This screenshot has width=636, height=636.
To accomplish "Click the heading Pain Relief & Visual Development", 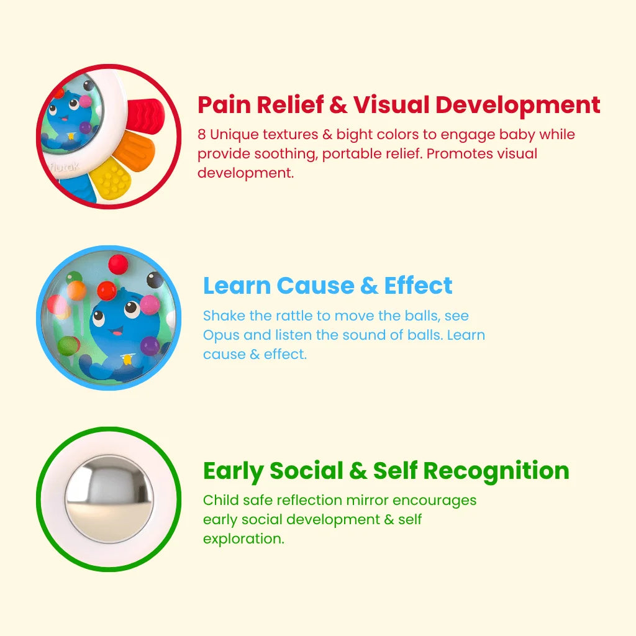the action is [399, 104].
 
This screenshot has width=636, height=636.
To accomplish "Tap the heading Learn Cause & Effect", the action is [328, 286].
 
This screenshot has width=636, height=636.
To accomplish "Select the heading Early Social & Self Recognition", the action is [386, 471].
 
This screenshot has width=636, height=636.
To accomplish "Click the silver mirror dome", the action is [109, 499].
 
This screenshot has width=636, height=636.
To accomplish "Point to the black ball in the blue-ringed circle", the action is [155, 280].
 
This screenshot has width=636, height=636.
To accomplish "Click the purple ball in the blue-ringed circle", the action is [150, 345].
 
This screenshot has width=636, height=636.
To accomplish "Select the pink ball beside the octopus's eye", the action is [150, 304].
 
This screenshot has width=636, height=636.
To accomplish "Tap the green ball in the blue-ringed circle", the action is [69, 345].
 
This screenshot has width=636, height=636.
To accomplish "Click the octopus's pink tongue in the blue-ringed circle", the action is [117, 333].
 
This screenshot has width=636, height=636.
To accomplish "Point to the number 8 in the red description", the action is [202, 134].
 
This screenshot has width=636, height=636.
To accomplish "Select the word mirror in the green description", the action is [368, 500].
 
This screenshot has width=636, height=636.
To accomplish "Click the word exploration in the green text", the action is [243, 539].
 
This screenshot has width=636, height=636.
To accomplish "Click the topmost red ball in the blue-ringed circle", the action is [118, 264].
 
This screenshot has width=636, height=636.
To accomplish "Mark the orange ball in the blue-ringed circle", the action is [76, 291].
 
